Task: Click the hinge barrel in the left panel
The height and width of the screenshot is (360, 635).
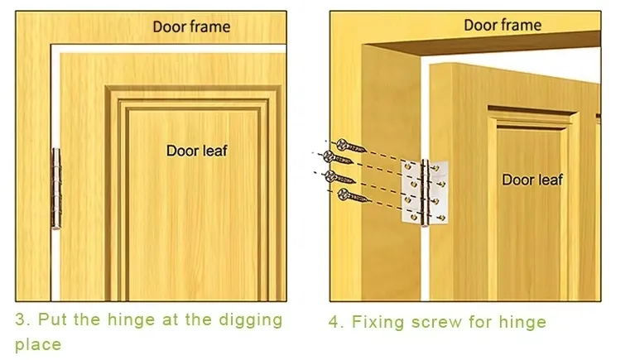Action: (56, 188)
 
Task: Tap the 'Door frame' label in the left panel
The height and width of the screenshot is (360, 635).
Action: (191, 26)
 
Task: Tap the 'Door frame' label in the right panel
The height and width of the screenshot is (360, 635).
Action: (503, 26)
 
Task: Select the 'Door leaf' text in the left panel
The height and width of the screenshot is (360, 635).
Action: (196, 151)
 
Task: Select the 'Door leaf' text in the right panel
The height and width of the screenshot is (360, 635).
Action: (532, 180)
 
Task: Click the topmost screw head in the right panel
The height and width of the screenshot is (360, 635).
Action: (342, 142)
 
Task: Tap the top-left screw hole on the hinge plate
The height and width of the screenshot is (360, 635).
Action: (410, 168)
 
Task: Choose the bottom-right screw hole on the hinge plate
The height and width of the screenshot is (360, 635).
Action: (441, 218)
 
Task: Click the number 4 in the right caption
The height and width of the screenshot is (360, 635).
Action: (335, 322)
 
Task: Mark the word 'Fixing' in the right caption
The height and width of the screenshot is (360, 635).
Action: (382, 322)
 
